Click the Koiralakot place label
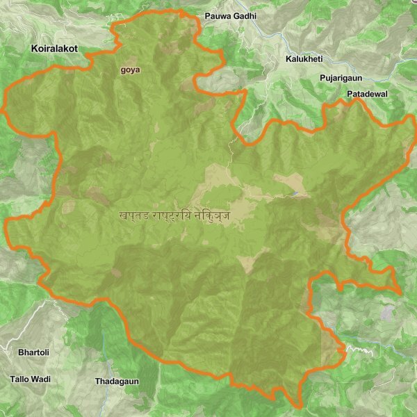pos(54,49)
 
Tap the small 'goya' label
pos(130,69)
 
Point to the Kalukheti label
pos(304,59)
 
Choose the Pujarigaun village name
pos(342,78)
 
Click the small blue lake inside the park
pos(296,193)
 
